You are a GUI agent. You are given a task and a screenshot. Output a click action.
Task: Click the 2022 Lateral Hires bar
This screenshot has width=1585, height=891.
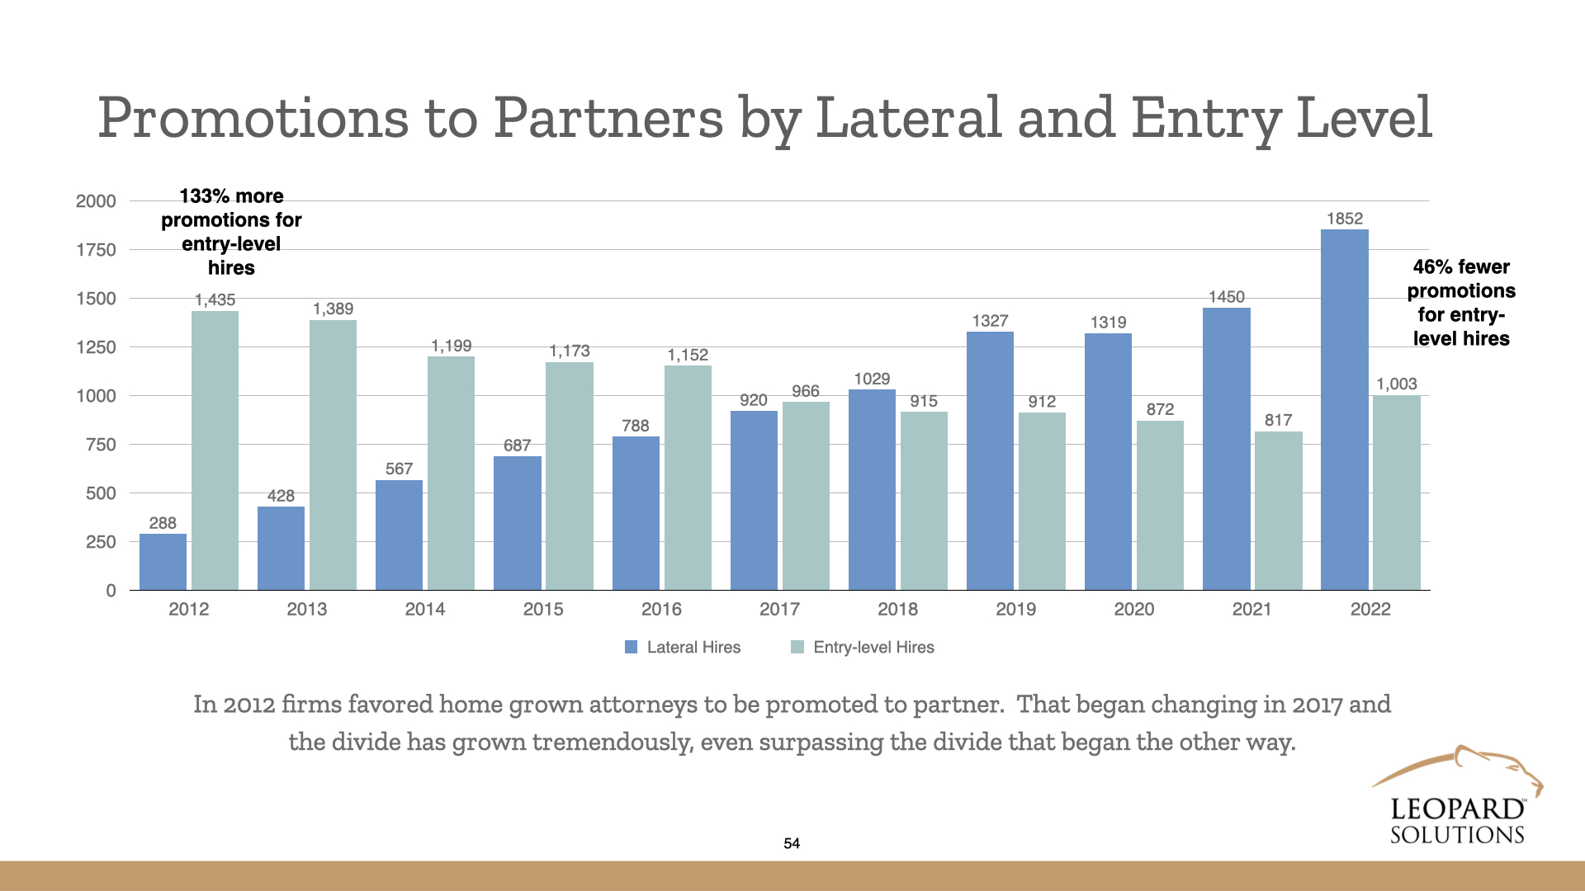click(x=1344, y=410)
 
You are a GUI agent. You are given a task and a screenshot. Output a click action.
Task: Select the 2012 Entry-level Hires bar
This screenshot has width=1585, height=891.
click(x=215, y=450)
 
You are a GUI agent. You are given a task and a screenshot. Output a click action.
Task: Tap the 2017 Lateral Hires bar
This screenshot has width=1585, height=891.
click(x=754, y=500)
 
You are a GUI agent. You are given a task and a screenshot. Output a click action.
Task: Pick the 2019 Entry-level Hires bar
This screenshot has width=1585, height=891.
click(x=1042, y=501)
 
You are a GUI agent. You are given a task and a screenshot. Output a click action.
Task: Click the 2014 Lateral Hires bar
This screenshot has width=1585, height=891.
click(x=399, y=535)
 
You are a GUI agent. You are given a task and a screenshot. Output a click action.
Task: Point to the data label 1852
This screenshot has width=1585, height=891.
click(x=1344, y=219)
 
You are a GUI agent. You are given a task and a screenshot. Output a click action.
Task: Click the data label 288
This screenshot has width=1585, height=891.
click(x=163, y=523)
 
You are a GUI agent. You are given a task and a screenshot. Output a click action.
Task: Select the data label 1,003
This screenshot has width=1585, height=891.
click(x=1396, y=384)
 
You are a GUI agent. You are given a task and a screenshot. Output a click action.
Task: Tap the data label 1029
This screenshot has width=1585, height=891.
click(x=872, y=379)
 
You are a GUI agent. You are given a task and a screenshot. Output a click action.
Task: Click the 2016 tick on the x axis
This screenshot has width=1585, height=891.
click(x=661, y=609)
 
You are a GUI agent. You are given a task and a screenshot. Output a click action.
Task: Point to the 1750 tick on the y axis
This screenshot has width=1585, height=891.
click(x=96, y=250)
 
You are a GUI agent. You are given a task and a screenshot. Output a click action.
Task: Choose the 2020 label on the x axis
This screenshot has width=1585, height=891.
click(x=1133, y=609)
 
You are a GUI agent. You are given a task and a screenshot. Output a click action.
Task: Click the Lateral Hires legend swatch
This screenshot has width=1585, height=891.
click(x=632, y=648)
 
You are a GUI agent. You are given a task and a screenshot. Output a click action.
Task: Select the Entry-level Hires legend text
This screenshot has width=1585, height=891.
click(x=873, y=648)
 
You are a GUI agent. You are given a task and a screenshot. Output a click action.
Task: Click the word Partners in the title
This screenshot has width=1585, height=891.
click(x=608, y=118)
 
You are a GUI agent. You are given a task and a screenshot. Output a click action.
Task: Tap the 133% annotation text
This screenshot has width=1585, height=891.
click(x=202, y=196)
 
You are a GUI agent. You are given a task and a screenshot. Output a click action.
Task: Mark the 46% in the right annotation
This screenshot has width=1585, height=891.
click(x=1432, y=267)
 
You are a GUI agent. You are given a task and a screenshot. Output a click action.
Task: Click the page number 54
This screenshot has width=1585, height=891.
click(x=792, y=843)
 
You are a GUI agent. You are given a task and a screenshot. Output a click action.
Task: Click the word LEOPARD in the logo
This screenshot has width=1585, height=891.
click(x=1457, y=809)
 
